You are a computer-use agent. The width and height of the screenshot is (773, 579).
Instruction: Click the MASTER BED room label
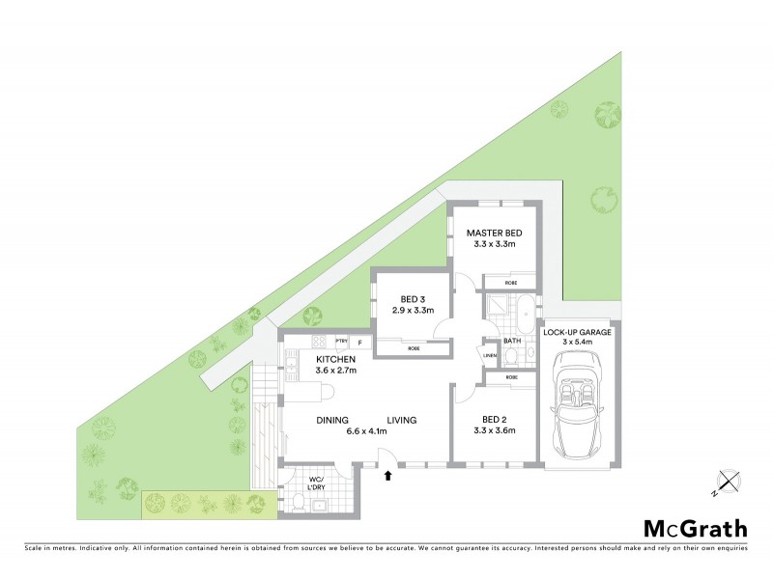pos(495,234)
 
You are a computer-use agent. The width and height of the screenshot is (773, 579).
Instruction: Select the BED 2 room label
pos(493,419)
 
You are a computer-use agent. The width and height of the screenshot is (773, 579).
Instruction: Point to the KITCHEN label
pos(336,360)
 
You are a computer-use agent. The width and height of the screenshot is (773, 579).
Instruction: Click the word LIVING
pos(402,420)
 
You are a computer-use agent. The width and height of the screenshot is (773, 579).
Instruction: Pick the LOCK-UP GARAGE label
pos(577,332)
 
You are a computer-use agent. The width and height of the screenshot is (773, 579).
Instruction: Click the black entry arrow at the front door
pos(388,474)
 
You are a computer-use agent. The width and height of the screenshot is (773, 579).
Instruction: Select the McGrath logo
pos(696,528)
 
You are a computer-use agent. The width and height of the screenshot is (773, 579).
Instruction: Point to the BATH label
pos(513,340)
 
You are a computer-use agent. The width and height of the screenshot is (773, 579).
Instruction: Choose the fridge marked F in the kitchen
pos(360,342)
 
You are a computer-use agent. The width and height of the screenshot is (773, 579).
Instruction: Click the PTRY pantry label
pos(341,342)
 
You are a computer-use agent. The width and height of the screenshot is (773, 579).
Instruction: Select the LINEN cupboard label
pos(490,355)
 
